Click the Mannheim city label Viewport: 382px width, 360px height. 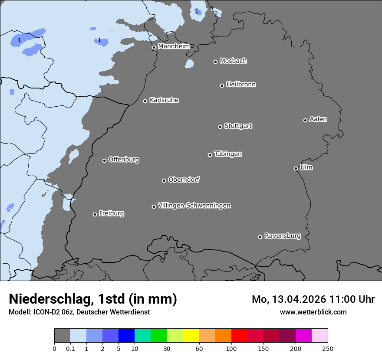point(174,46)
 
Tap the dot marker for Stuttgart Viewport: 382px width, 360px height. point(220,127)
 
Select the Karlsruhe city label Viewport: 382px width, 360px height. point(164,100)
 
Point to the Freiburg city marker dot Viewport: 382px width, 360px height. point(95,214)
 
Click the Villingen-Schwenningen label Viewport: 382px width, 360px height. point(194,206)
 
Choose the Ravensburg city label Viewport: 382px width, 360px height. point(282,236)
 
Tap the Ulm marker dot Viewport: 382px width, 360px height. point(296,168)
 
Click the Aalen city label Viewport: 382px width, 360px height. point(318,119)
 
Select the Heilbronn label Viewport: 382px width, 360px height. point(240,85)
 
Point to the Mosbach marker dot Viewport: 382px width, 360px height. point(215,62)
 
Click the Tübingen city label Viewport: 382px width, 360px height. point(227,154)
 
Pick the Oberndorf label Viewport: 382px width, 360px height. point(184,180)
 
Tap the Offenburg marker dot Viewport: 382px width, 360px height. point(104,160)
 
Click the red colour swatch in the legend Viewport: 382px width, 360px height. point(239,336)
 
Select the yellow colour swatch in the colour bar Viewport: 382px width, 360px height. point(191,336)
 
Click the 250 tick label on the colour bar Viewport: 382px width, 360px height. point(328,348)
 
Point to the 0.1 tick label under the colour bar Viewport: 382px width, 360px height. point(70,348)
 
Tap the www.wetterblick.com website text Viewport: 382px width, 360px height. point(313,312)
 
